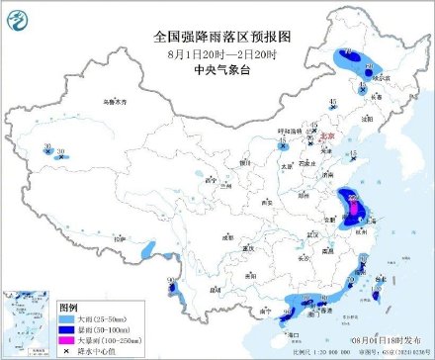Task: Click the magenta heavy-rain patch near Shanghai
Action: pyautogui.click(x=352, y=205)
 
